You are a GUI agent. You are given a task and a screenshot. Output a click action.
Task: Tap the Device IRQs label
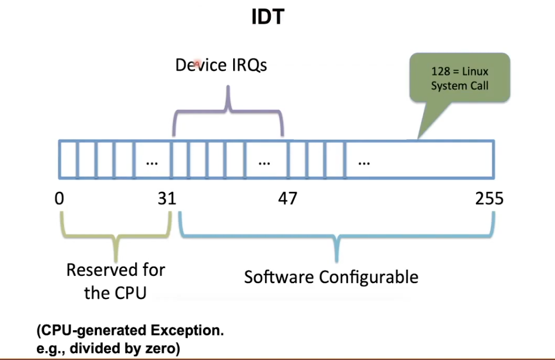click(x=221, y=65)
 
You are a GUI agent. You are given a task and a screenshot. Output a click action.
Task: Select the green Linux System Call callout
click(x=459, y=78)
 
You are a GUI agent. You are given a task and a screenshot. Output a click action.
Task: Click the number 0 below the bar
click(x=59, y=199)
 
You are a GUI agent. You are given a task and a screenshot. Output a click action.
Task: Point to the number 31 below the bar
click(x=166, y=199)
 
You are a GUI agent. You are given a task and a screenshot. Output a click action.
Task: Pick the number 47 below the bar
click(x=288, y=199)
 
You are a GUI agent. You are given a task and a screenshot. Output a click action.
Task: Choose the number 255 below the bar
click(x=489, y=199)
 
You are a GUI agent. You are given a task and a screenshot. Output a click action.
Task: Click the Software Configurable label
click(x=331, y=276)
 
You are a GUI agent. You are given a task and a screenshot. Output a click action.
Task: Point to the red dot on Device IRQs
click(x=197, y=64)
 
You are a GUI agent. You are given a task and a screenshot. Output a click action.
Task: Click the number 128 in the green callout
click(x=440, y=72)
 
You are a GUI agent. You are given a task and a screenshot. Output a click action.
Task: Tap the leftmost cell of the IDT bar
click(x=67, y=159)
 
